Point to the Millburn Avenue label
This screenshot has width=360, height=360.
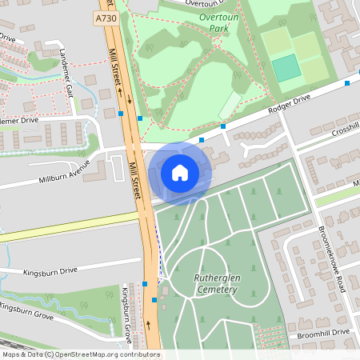point(65,175)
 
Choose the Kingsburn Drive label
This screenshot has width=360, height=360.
point(50,271)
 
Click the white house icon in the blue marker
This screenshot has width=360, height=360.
point(180,173)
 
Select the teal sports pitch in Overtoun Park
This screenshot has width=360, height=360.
point(286,69)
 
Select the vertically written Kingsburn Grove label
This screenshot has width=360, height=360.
point(126,311)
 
